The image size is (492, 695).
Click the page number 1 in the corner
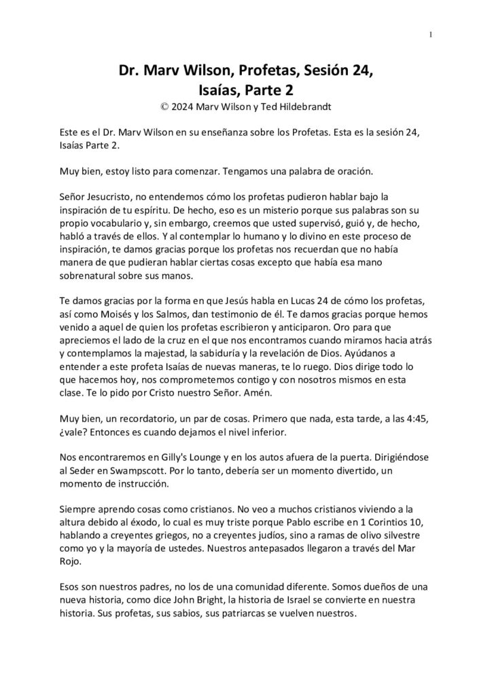point(432,35)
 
